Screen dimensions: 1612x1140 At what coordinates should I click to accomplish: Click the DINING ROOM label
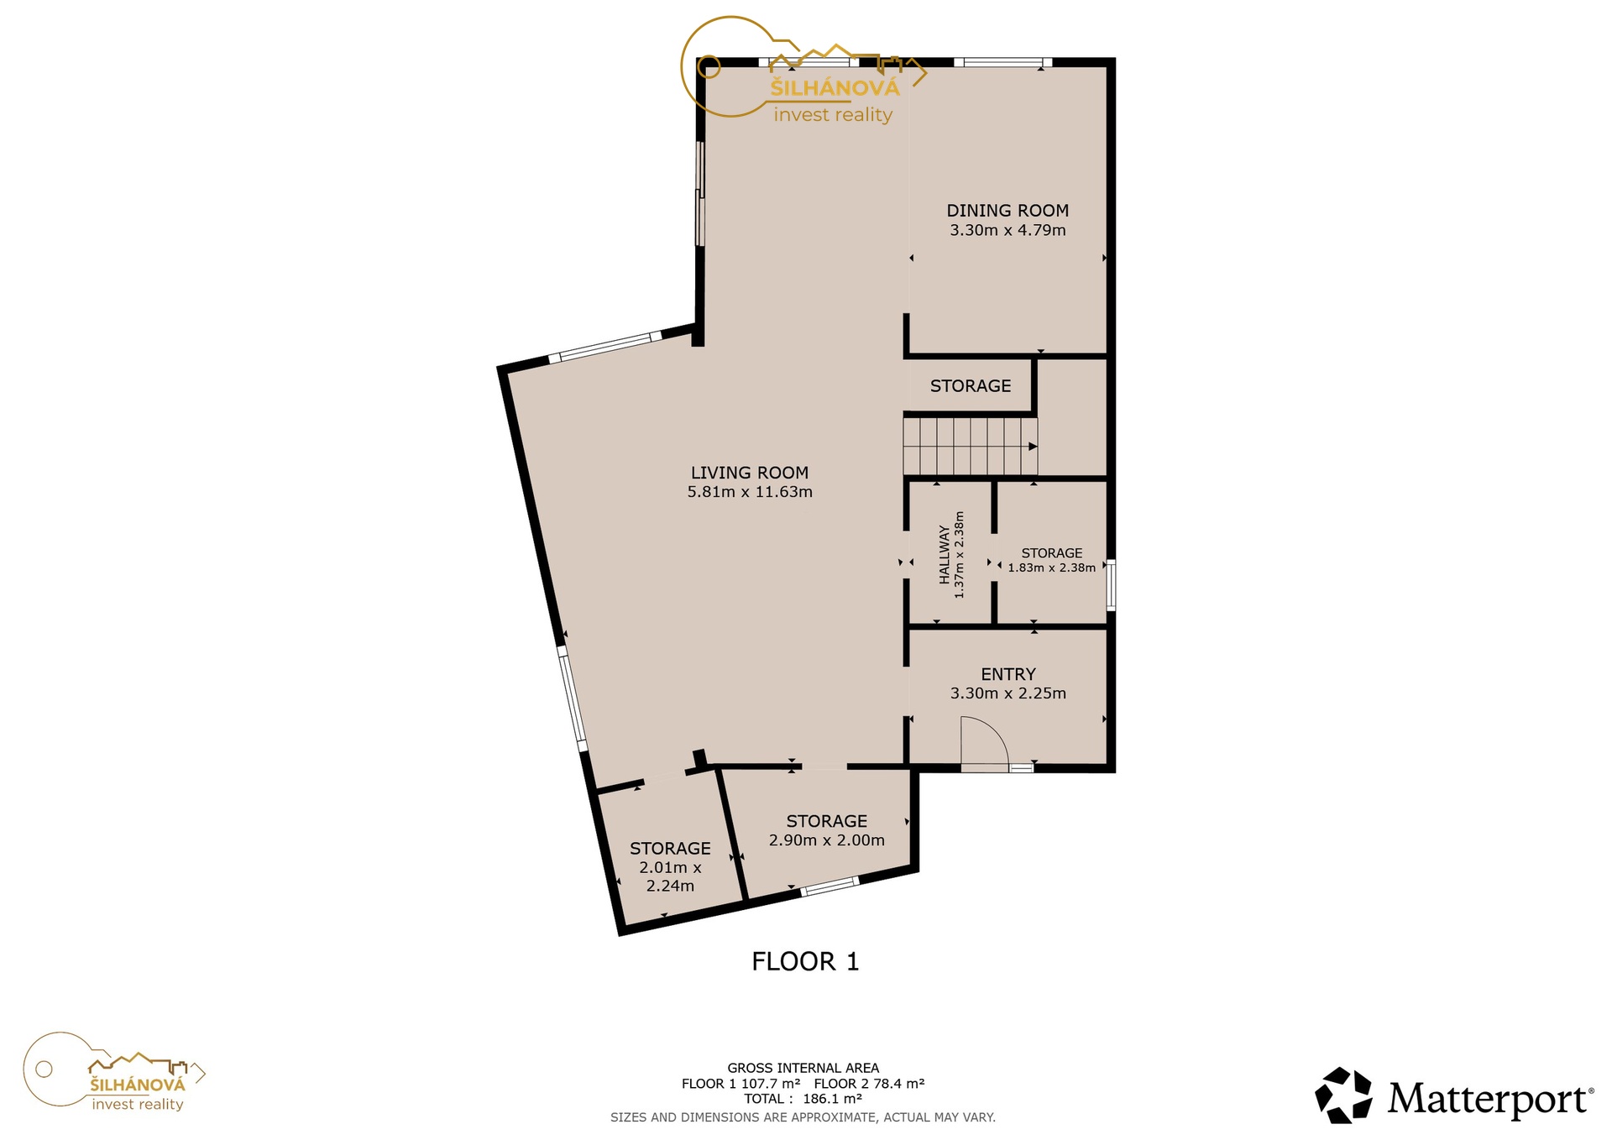coord(1007,211)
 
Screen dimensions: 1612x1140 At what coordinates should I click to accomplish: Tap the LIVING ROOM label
coord(750,473)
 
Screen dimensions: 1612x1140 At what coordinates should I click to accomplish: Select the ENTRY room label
coord(1008,674)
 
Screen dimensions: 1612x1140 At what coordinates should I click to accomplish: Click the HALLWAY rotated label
coord(945,555)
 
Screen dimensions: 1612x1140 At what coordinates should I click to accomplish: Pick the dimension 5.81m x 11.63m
coord(750,492)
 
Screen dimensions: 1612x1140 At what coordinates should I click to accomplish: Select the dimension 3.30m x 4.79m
coord(1007,230)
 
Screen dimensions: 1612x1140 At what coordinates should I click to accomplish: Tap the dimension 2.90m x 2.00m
coord(827,840)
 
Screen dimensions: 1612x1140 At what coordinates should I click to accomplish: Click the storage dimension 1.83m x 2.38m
coord(1052,567)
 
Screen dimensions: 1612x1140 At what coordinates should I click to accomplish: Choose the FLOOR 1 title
coord(805,961)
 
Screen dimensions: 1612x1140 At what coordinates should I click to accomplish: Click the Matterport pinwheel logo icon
coord(1343,1095)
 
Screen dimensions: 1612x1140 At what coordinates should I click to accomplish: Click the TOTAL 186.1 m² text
coord(803,1099)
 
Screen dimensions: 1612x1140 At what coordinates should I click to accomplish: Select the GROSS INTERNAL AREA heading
coord(803,1068)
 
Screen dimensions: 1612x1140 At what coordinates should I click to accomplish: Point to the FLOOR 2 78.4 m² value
coord(869,1084)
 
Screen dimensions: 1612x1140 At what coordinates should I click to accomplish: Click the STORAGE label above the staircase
coord(971,386)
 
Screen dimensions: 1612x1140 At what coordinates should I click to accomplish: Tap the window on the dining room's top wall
coord(1003,61)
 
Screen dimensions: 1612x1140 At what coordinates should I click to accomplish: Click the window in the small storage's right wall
coord(1111,585)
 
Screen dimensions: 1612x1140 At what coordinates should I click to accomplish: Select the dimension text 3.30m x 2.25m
coord(1008,693)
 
